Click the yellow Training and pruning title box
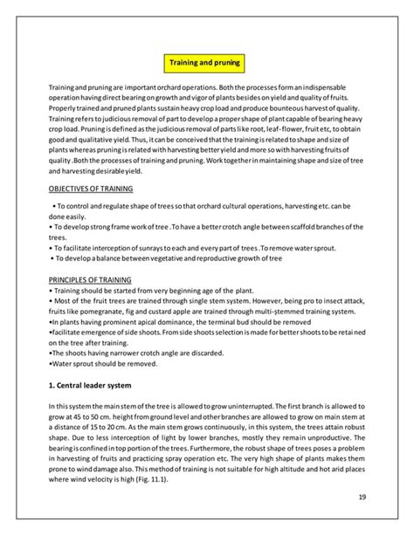click(206, 64)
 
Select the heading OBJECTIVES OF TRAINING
click(92, 189)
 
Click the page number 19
click(361, 497)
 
